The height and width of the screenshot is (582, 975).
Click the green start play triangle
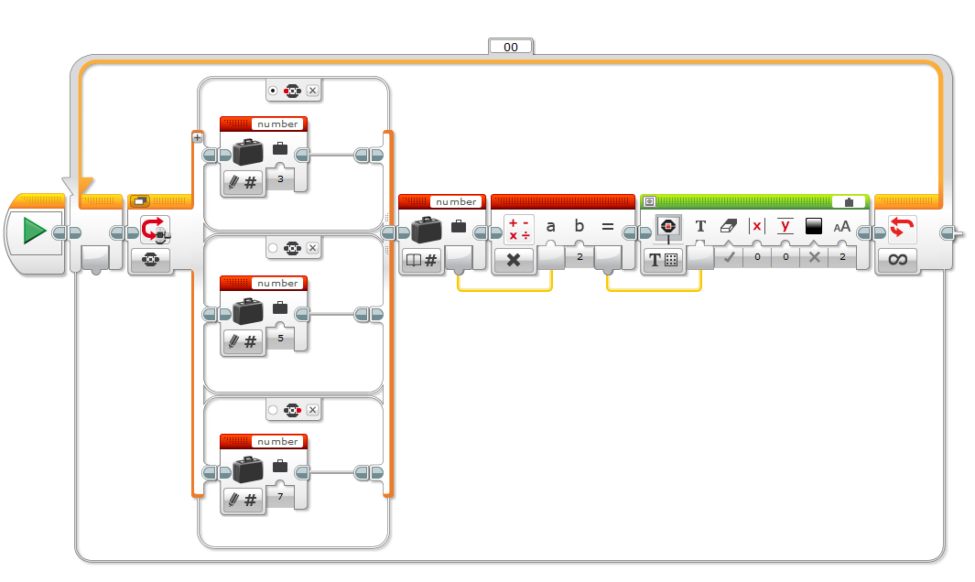34,231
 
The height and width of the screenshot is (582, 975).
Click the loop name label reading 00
511,48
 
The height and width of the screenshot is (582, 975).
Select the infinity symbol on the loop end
897,259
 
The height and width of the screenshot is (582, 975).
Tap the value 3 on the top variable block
280,179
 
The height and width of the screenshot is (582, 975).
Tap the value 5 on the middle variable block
280,339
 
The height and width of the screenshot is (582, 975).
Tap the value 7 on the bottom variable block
280,496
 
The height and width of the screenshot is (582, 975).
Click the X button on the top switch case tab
313,91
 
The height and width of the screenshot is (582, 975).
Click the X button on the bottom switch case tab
313,410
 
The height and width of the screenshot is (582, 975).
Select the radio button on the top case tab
272,91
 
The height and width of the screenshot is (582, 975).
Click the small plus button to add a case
197,138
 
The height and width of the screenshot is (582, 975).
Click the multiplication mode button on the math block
514,260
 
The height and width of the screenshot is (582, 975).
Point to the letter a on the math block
550,226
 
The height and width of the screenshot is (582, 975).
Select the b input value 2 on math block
580,257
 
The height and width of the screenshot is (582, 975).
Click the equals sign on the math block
608,227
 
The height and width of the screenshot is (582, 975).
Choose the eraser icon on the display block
728,226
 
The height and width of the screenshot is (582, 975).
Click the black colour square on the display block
813,226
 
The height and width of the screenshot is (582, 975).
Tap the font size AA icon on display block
842,227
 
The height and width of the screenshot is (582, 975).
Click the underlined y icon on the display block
785,226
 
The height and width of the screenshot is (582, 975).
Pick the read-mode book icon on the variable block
414,260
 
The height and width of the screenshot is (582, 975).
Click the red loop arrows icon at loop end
902,227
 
